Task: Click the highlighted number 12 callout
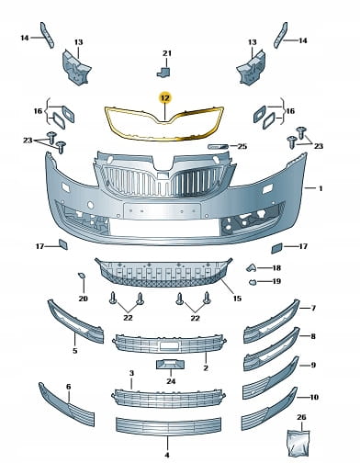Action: pyautogui.click(x=165, y=98)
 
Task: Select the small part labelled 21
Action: pyautogui.click(x=163, y=73)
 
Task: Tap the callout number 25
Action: pyautogui.click(x=242, y=146)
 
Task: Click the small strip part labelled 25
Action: pyautogui.click(x=218, y=146)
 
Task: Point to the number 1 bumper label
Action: pyautogui.click(x=321, y=188)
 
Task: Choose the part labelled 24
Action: pyautogui.click(x=171, y=365)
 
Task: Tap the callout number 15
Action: pyautogui.click(x=237, y=298)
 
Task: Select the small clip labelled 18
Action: pyautogui.click(x=252, y=268)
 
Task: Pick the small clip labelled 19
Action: pyautogui.click(x=252, y=282)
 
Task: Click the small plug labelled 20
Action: pyautogui.click(x=82, y=276)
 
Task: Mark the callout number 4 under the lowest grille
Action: pyautogui.click(x=167, y=456)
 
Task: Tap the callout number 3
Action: pyautogui.click(x=131, y=373)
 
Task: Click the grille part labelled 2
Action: pyautogui.click(x=170, y=344)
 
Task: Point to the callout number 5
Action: pyautogui.click(x=75, y=351)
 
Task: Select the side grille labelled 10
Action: pyautogui.click(x=270, y=409)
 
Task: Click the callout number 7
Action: pyautogui.click(x=313, y=308)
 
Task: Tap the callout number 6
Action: pyautogui.click(x=68, y=387)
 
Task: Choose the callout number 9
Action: pyautogui.click(x=313, y=365)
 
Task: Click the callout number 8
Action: pyautogui.click(x=313, y=336)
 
